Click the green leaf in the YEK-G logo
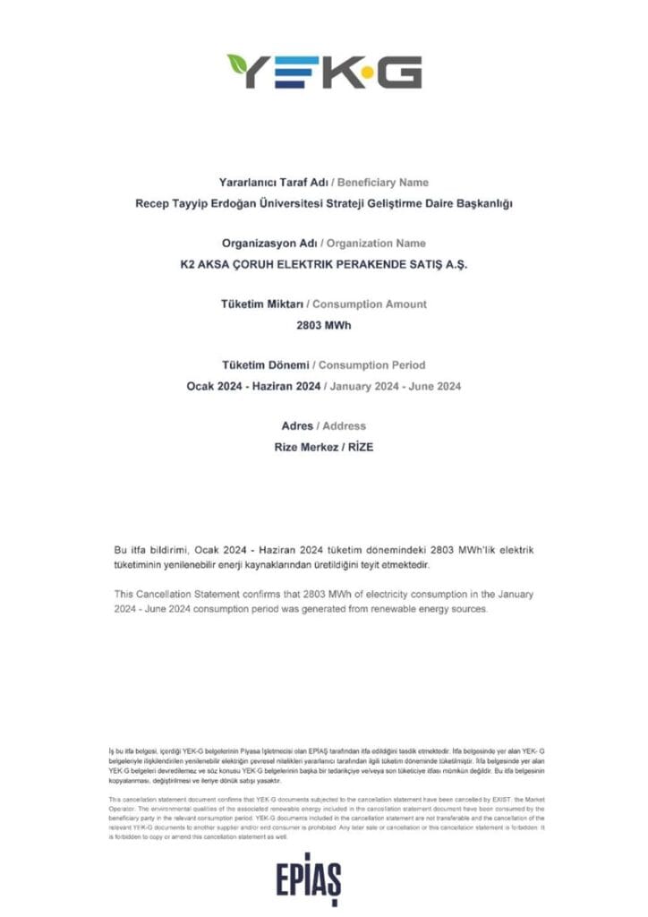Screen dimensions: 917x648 [x=239, y=64]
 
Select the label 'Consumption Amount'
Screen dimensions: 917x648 [x=379, y=304]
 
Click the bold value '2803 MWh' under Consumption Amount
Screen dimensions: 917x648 [x=324, y=325]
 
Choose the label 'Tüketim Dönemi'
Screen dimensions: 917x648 [x=266, y=364]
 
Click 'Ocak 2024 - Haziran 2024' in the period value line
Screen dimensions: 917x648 [x=255, y=386]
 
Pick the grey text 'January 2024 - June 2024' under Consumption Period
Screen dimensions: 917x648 [x=396, y=386]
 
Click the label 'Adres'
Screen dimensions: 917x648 [x=296, y=425]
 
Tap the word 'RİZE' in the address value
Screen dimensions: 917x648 [x=357, y=447]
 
